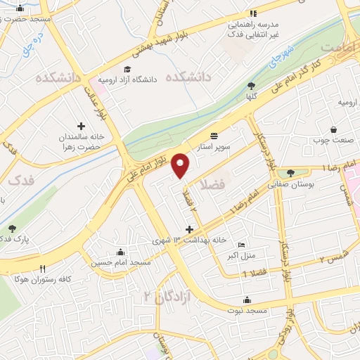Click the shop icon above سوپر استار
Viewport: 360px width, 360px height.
214,136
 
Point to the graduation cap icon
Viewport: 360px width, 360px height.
127,69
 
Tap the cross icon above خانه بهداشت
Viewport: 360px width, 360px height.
188,229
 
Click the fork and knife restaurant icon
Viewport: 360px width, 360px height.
43,269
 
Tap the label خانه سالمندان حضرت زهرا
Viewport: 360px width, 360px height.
81,142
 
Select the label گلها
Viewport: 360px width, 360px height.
251,96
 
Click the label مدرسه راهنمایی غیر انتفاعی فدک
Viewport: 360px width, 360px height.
253,28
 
